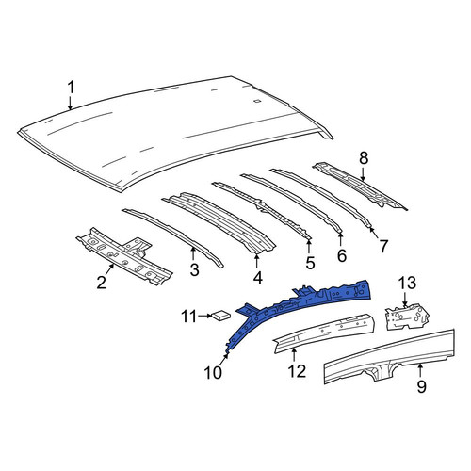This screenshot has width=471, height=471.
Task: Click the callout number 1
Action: [72, 88]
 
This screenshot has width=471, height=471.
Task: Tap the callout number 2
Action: [102, 283]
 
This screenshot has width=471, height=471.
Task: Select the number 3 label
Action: [194, 269]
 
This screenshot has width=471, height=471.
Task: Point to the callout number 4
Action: [257, 278]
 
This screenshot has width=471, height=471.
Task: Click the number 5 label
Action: [310, 263]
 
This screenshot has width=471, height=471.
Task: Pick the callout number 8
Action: [363, 158]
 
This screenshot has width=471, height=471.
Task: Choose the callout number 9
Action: [422, 386]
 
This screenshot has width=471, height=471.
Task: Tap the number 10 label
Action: [213, 373]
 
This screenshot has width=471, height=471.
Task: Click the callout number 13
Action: [408, 283]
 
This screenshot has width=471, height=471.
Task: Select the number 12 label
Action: [297, 371]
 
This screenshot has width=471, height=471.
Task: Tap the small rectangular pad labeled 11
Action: [222, 315]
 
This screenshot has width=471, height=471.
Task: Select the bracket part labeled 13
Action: [407, 317]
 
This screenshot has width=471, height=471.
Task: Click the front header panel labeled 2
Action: [124, 256]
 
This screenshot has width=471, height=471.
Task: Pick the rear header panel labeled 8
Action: [361, 186]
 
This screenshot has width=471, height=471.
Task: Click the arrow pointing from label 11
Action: [205, 316]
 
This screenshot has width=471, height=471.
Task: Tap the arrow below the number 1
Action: [71, 103]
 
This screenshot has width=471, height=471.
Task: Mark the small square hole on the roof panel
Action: [256, 101]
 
